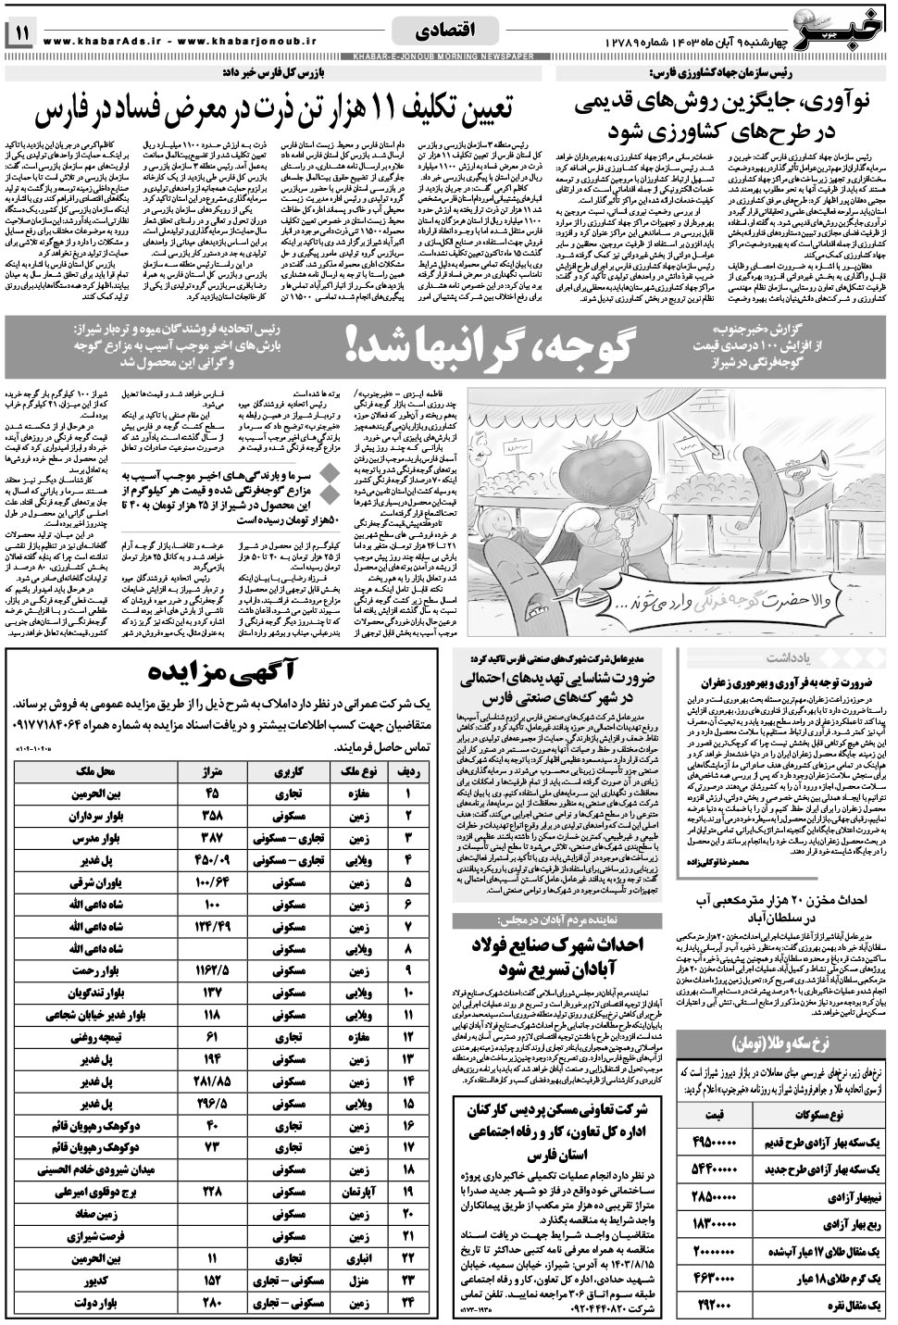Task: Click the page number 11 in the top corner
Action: [x=21, y=33]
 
